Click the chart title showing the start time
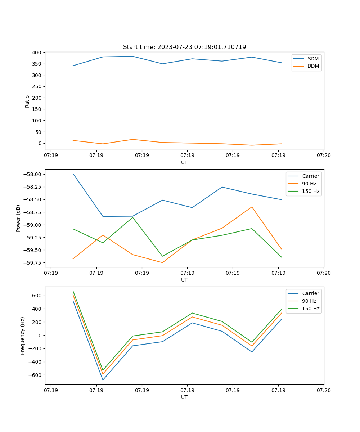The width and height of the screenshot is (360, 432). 184,47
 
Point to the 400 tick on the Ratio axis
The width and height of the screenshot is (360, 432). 36,53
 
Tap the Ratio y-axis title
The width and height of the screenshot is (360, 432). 27,101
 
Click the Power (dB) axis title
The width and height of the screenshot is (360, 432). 18,218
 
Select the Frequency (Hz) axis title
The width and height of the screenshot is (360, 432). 23,336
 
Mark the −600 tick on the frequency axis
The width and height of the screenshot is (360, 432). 35,375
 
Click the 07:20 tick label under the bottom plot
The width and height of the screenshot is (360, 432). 324,391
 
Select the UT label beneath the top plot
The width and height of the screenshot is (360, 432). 184,162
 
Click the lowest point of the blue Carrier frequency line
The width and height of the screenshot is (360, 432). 103,380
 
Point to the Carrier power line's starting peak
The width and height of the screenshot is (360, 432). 73,174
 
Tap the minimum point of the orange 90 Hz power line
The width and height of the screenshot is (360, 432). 162,262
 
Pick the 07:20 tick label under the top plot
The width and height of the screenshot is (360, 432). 324,156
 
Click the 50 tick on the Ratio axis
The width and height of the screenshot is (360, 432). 38,132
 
